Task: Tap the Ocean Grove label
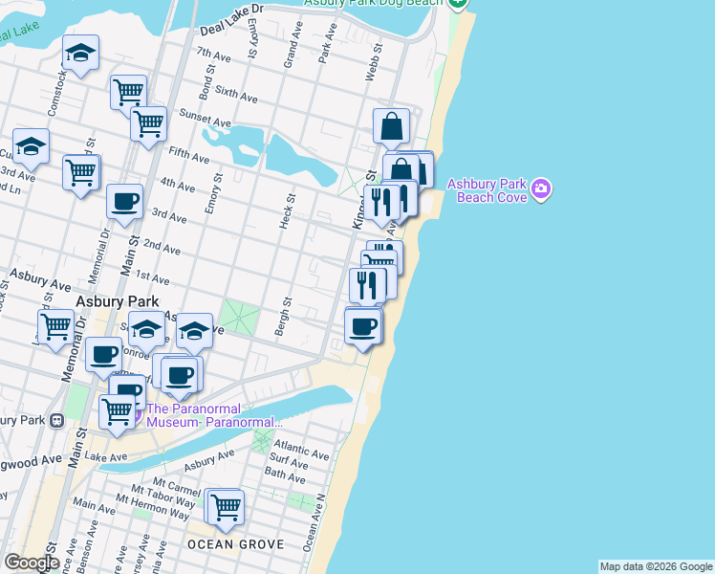235,544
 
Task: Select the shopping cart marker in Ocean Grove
226,506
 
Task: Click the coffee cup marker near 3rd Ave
124,202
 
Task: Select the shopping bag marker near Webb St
392,125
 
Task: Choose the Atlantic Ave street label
301,447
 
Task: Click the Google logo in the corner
32,563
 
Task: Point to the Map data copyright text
655,566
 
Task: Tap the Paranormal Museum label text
213,415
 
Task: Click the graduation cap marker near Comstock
81,54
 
